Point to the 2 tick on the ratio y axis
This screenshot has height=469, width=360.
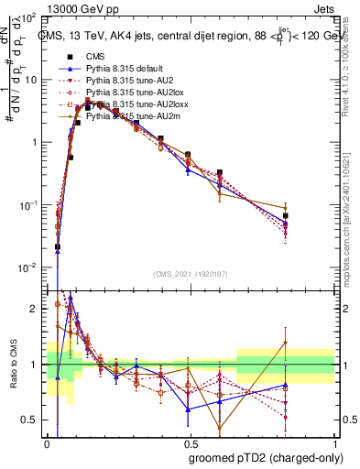(x=34, y=309)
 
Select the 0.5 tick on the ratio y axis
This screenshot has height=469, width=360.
(x=30, y=420)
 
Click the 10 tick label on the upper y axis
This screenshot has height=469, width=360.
(x=31, y=80)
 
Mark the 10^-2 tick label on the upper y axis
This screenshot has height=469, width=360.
(x=28, y=267)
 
